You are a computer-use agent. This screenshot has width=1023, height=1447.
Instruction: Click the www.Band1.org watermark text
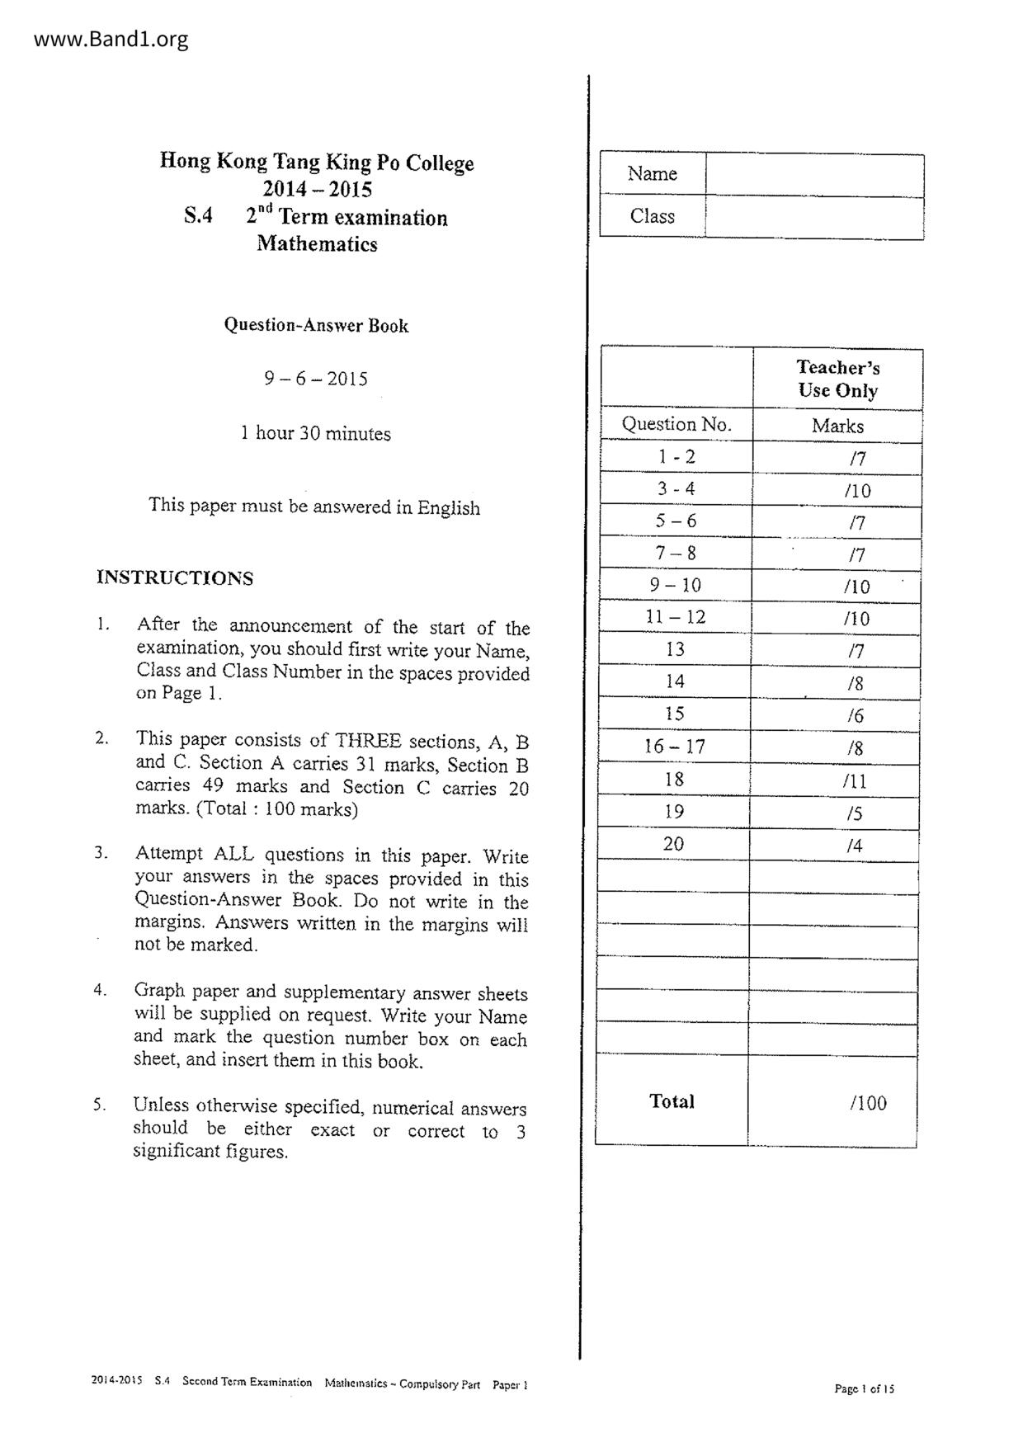[111, 39]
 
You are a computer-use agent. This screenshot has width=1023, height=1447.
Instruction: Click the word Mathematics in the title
[317, 244]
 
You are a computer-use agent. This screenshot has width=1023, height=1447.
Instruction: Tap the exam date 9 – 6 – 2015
[316, 379]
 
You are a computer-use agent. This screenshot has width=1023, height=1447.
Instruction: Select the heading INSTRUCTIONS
[175, 577]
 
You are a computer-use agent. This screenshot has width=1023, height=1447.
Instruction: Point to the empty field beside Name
[814, 175]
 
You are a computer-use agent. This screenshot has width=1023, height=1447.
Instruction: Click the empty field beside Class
[814, 218]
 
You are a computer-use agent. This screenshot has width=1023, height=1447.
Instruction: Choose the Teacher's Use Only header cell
[837, 379]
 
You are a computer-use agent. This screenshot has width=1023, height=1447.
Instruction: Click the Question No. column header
[676, 424]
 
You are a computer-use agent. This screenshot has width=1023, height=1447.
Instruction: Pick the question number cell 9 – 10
[675, 586]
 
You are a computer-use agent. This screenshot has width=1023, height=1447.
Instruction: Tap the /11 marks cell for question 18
[855, 781]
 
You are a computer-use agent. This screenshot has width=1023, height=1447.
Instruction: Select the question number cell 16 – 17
[674, 747]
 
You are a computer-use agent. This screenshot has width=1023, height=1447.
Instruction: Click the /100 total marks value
[868, 1103]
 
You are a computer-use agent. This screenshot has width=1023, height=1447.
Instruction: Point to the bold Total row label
[672, 1101]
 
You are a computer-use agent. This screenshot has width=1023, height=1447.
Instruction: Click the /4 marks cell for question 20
[855, 846]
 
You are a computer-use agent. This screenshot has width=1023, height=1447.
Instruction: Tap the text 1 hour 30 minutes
[315, 433]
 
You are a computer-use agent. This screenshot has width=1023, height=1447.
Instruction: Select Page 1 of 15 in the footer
[864, 1388]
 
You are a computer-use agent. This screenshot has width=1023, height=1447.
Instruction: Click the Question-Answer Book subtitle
[316, 325]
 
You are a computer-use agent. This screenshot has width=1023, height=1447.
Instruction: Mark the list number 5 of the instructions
[100, 1105]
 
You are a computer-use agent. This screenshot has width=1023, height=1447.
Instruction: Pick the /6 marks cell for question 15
[855, 716]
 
